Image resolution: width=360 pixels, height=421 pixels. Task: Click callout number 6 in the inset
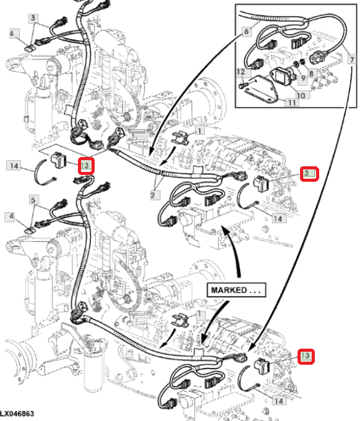point(246,32)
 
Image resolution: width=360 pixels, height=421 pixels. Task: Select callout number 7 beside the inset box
point(352,59)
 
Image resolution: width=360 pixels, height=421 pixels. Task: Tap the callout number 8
point(311,73)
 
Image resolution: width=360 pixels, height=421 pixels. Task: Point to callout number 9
point(302,79)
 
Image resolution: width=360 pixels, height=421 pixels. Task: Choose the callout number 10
point(301,95)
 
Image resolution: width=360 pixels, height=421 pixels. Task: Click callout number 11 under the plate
point(292,102)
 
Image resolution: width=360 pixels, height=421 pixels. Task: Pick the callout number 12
point(241,72)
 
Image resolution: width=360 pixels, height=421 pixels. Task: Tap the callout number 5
point(33,200)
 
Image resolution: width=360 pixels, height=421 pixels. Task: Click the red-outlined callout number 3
point(309,174)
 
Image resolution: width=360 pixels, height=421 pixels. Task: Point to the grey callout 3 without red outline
point(33,19)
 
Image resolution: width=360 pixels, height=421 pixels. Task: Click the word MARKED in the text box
point(229,290)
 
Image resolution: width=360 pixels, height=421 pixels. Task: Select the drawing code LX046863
point(17,414)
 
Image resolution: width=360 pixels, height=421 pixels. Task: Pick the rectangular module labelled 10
point(280,76)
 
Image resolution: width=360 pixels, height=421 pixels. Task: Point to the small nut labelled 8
point(302,62)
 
